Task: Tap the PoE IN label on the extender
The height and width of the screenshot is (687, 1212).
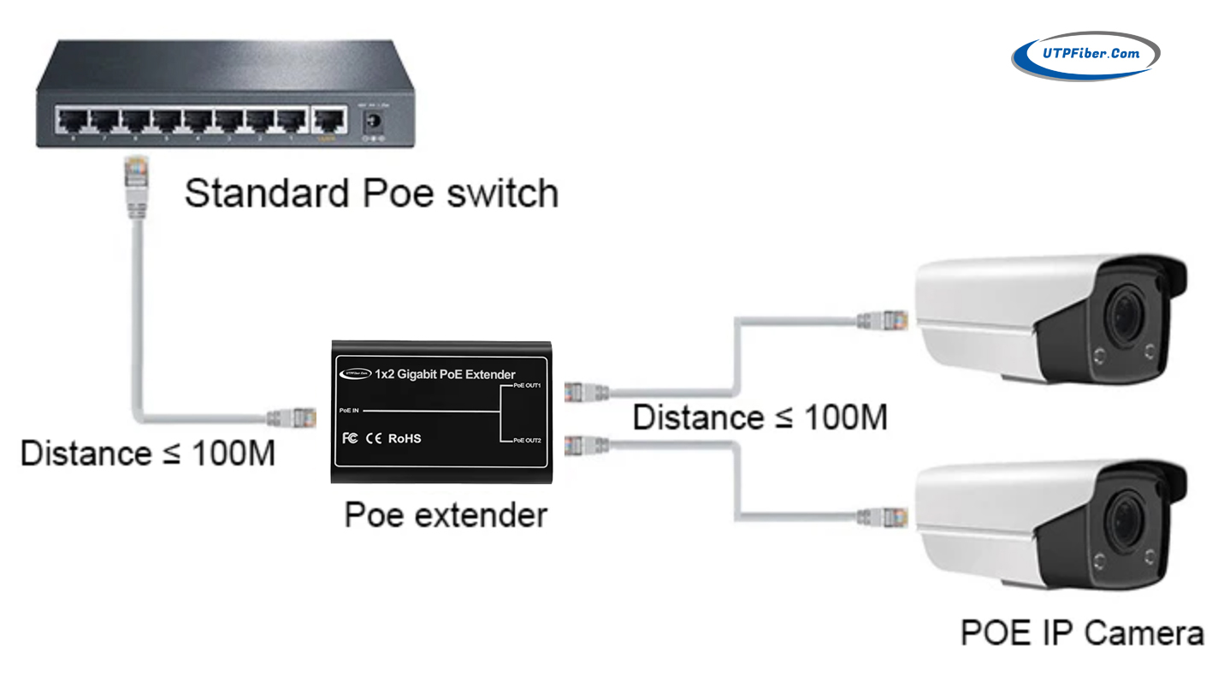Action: [x=348, y=411]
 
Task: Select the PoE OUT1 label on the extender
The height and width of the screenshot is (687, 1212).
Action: [x=527, y=387]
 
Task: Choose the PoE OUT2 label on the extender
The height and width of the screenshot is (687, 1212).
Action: [x=527, y=441]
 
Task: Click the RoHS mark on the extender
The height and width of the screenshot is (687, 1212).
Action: [x=405, y=438]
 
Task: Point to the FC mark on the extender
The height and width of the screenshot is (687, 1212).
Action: [x=350, y=438]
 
